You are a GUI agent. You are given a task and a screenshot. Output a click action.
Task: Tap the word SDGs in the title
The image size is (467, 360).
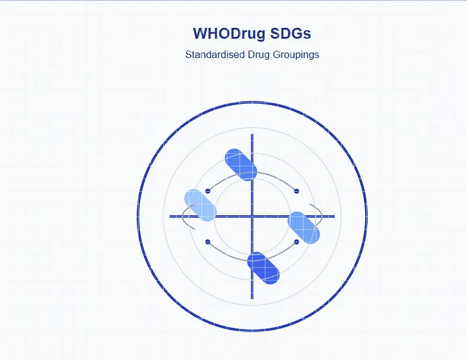click(x=291, y=33)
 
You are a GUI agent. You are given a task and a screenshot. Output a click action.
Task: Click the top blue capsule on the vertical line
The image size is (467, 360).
click(x=241, y=165)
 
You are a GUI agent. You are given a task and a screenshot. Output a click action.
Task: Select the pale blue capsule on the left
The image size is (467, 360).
click(x=200, y=206)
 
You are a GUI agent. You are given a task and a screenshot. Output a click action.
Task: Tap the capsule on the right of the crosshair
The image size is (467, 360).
click(x=304, y=228)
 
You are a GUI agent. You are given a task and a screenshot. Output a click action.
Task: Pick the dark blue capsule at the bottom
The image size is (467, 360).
click(x=263, y=269)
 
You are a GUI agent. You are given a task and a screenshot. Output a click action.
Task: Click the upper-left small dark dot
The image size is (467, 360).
click(x=208, y=191)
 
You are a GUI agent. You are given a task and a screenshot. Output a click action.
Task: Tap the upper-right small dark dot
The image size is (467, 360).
click(x=296, y=191)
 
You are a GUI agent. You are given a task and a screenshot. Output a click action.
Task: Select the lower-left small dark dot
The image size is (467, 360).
click(x=208, y=242)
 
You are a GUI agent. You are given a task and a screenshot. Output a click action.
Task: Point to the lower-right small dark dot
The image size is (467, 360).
click(x=296, y=242)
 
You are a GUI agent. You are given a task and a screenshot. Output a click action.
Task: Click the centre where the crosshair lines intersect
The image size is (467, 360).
click(x=252, y=217)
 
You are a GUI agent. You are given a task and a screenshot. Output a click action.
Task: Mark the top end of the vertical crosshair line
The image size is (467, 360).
click(x=252, y=134)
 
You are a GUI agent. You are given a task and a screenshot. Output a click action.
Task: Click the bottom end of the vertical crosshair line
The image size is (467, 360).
click(x=252, y=298)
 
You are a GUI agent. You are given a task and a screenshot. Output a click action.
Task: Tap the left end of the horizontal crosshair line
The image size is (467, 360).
click(x=170, y=217)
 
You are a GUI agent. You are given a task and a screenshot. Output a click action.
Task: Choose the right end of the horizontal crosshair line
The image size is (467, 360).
click(x=335, y=217)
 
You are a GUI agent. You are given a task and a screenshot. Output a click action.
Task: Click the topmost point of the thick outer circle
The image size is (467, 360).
click(x=252, y=102)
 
